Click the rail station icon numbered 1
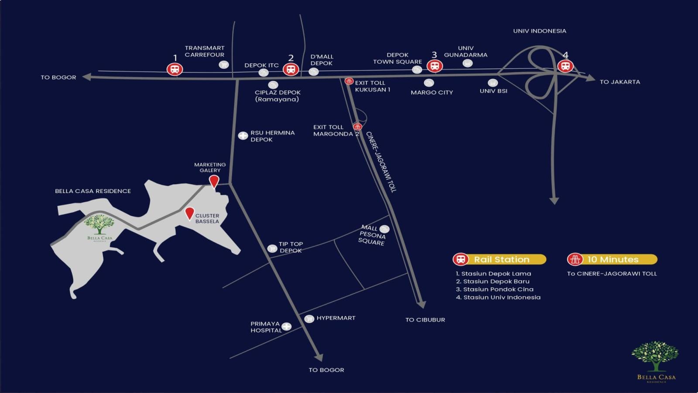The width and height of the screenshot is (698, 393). tap(175, 69)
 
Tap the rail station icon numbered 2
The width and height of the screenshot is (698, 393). tap(291, 69)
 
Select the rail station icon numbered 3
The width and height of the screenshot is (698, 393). tap(434, 66)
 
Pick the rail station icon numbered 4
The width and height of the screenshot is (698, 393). tap(565, 66)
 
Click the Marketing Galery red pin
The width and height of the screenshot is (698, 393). tap(214, 181)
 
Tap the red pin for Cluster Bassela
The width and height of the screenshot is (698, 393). tap(189, 213)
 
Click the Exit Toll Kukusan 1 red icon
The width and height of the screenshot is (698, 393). tap(349, 81)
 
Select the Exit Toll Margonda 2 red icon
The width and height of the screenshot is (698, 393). tap(358, 127)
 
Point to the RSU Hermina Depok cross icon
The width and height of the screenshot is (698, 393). tap(243, 136)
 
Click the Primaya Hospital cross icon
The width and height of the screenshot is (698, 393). tap(286, 326)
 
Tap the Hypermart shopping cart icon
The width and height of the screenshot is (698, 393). tap(309, 319)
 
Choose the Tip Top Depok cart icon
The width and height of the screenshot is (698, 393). tap(272, 248)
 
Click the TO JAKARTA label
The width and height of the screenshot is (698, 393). tap(619, 82)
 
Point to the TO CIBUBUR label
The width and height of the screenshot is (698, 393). tap(425, 320)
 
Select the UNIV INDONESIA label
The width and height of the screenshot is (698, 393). tap(539, 31)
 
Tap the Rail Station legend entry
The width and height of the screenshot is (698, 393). tap(500, 259)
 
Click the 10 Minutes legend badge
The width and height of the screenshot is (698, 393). tap(612, 259)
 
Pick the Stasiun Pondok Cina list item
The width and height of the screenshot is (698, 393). tap(494, 289)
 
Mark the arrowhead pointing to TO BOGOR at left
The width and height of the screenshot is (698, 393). tap(87, 77)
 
